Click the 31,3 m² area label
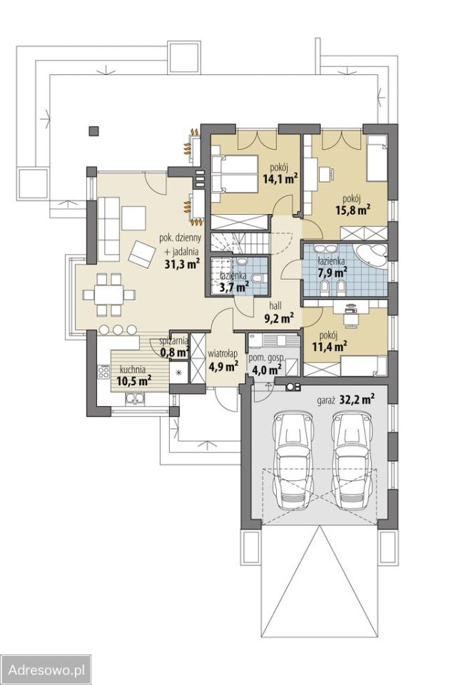182,263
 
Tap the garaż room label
327,400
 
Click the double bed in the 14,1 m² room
234,174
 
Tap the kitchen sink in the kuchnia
135,399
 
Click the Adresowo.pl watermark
46,669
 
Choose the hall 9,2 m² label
278,313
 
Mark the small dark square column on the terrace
93,131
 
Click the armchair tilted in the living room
141,254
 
